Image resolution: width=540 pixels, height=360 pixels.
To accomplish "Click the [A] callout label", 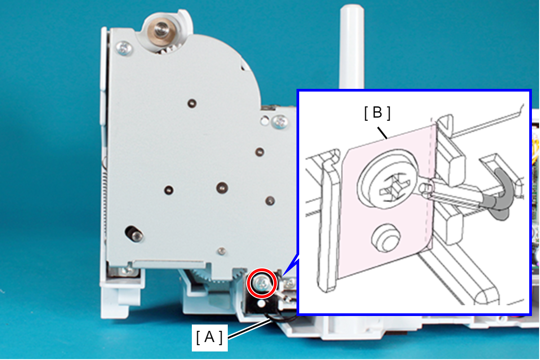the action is pyautogui.click(x=209, y=338).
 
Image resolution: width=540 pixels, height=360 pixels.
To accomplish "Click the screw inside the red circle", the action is pyautogui.click(x=262, y=283).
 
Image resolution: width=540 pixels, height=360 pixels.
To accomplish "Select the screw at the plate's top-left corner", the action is pyautogui.click(x=124, y=48).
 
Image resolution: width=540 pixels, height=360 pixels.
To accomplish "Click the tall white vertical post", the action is pyautogui.click(x=352, y=48).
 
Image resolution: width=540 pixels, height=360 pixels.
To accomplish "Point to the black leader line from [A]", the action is pyautogui.click(x=250, y=329).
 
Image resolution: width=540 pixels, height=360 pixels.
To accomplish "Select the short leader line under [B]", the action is pyautogui.click(x=382, y=133).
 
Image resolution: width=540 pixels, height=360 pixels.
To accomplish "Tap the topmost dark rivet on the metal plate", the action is pyautogui.click(x=192, y=104).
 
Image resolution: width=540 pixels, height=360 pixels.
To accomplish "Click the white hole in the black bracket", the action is pyautogui.click(x=261, y=303).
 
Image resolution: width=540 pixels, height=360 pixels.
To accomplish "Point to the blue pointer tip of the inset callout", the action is pyautogui.click(x=283, y=275).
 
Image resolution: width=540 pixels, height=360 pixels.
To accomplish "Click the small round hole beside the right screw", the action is pyautogui.click(x=265, y=120).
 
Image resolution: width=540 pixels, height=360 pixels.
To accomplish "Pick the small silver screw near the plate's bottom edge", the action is pyautogui.click(x=222, y=251).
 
